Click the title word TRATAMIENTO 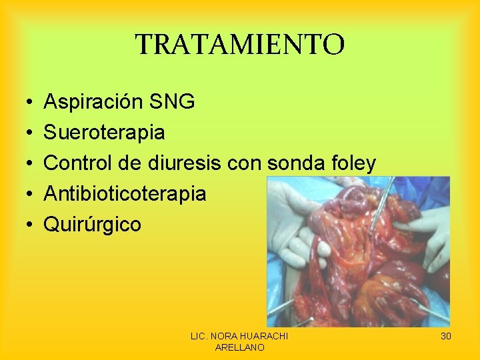[x=240, y=45]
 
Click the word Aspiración [x=93, y=102]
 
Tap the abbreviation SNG [x=172, y=102]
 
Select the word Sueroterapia [x=104, y=133]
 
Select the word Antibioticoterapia [x=125, y=194]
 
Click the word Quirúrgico [x=92, y=225]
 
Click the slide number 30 [x=446, y=337]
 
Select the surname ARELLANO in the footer [x=239, y=347]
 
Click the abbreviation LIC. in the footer [x=200, y=337]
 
